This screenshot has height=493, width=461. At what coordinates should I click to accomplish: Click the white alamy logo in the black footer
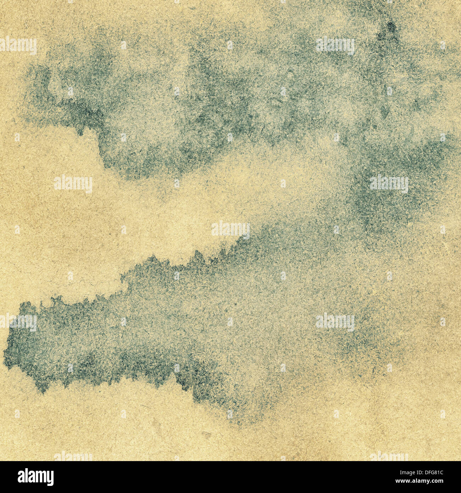(35, 477)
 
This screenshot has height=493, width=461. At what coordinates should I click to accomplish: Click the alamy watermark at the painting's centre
(230, 229)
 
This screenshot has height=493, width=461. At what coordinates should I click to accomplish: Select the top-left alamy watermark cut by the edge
(18, 46)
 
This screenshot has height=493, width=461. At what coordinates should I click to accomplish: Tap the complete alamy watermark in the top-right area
(335, 46)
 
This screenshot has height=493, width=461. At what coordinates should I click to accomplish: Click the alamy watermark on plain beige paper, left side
(73, 184)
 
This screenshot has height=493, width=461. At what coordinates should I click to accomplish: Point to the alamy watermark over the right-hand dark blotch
(389, 184)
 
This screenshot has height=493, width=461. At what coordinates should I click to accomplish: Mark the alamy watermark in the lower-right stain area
(335, 322)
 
